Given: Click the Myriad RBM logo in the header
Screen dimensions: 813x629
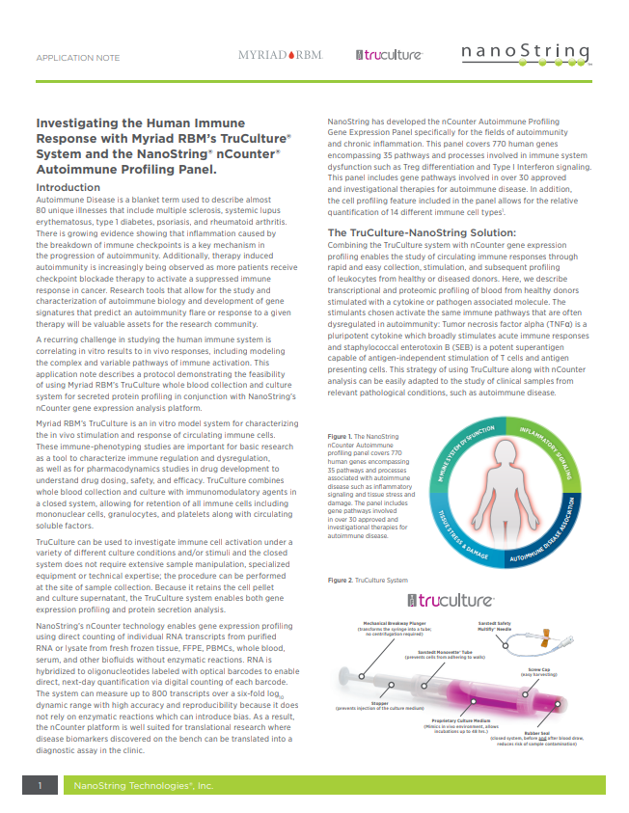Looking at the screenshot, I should pyautogui.click(x=279, y=55).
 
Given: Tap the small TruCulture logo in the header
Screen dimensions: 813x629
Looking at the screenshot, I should pyautogui.click(x=389, y=55).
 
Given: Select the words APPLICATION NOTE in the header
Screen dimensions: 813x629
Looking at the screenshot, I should pyautogui.click(x=78, y=58).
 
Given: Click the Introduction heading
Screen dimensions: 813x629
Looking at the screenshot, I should pyautogui.click(x=73, y=187).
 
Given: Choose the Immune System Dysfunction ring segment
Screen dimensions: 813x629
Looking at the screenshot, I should pyautogui.click(x=453, y=446).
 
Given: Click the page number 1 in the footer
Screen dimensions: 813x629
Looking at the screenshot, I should pyautogui.click(x=41, y=786).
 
